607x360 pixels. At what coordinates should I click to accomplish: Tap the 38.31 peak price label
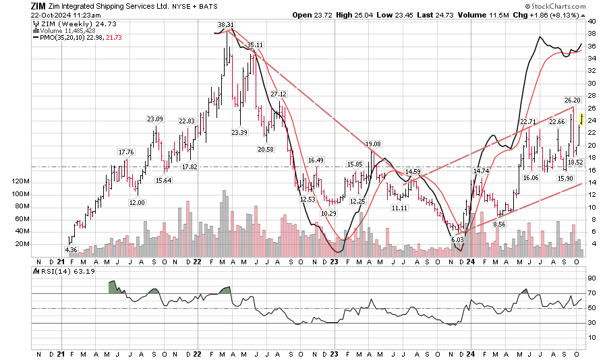(225, 25)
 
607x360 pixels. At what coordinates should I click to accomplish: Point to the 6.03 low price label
(458, 239)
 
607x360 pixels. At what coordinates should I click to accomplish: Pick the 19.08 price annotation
(373, 144)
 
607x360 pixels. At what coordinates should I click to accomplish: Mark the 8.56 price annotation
(499, 223)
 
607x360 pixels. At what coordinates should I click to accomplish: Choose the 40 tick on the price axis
(591, 21)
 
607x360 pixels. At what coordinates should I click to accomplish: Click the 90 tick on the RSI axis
(591, 278)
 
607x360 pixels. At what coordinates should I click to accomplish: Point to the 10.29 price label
(328, 213)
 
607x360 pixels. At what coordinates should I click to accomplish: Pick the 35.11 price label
(254, 44)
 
